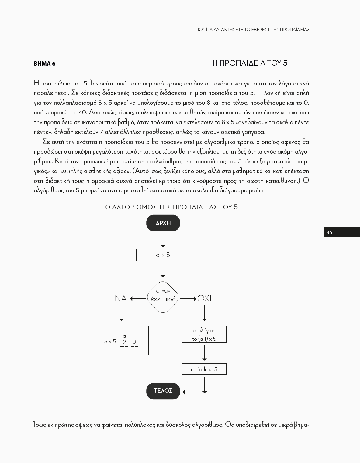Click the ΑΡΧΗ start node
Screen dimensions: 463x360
163,223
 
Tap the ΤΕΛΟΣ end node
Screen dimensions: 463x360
163,391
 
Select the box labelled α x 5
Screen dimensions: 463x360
163,255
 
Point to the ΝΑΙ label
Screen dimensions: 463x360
122,299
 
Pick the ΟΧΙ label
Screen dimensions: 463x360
204,299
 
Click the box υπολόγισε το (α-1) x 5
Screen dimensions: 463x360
204,334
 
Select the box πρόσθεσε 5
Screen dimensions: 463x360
204,369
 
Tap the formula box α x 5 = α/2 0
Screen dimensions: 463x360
122,340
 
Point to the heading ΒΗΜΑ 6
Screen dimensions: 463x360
45,64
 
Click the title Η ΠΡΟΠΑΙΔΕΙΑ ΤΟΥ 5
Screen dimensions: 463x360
250,63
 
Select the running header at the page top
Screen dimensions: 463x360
252,30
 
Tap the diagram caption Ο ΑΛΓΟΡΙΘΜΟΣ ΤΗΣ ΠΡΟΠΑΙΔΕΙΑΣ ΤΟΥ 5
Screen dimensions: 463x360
171,207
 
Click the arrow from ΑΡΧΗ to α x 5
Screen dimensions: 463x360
163,239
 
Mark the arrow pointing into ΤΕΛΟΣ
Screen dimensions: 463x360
190,392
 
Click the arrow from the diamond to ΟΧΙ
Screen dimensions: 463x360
188,299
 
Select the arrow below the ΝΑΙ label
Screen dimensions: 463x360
122,312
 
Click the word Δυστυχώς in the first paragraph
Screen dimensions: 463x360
102,112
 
